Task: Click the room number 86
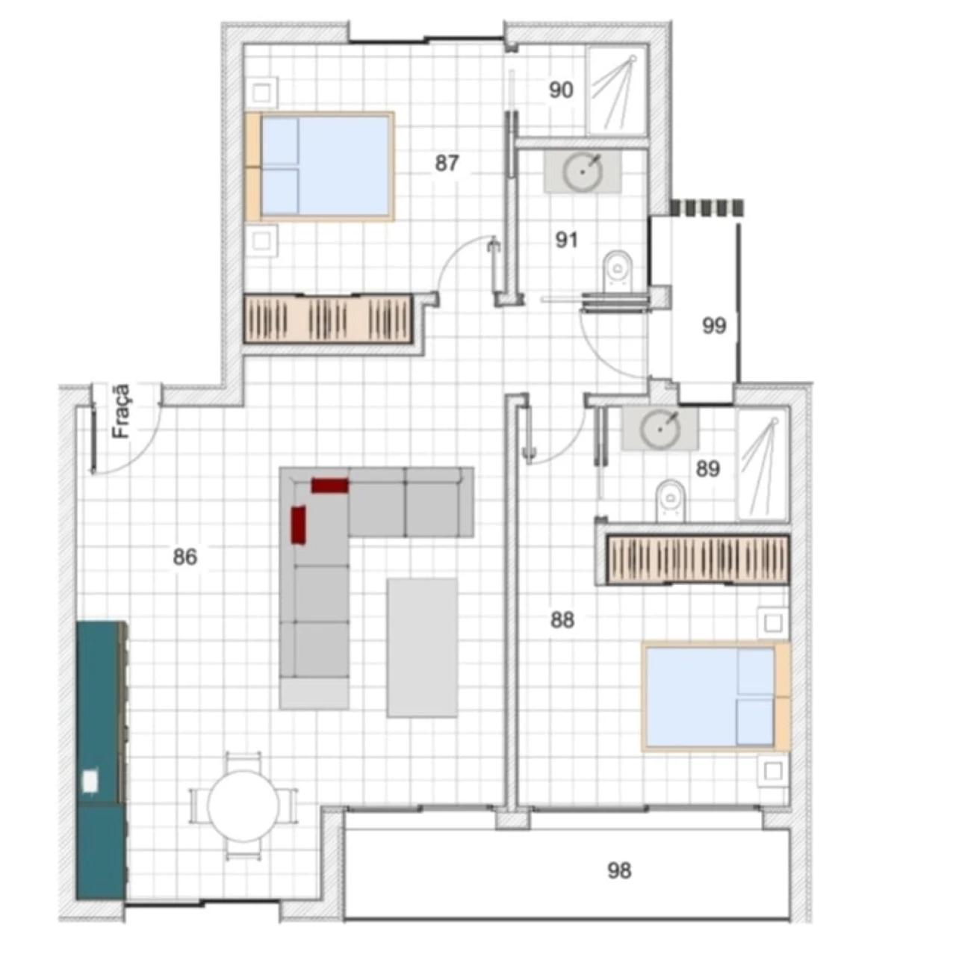184,557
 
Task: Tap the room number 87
447,163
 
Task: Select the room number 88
562,619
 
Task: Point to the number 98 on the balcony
619,870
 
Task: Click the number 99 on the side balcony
714,326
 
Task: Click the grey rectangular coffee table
422,648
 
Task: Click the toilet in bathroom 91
617,270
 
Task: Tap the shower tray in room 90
616,91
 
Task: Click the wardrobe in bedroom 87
329,319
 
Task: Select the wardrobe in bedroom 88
698,558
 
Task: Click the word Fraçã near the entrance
120,410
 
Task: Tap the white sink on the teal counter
90,780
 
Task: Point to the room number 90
561,90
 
